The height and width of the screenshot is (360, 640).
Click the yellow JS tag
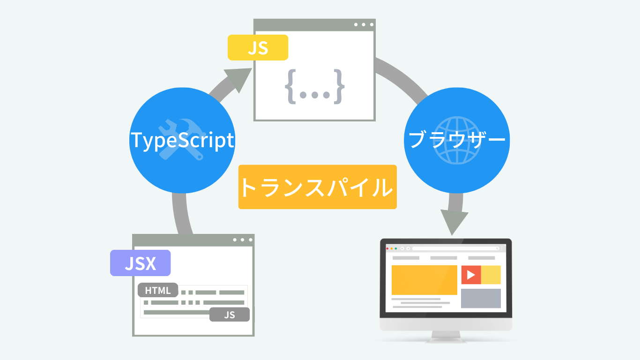tap(258, 47)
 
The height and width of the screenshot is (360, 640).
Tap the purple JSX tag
tap(140, 263)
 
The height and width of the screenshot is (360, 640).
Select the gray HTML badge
tap(158, 290)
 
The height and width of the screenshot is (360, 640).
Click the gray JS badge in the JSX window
tap(230, 315)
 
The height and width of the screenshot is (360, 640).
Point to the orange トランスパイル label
tap(318, 187)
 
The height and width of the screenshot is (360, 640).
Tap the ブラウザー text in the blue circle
tap(457, 140)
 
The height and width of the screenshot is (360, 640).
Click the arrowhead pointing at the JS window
tap(239, 78)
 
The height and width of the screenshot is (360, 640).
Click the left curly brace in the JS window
tap(290, 86)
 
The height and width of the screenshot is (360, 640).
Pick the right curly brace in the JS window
tap(339, 86)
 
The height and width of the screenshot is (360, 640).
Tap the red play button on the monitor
tap(471, 275)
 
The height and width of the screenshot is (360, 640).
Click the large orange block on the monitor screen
tap(424, 280)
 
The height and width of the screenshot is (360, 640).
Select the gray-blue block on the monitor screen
tap(481, 298)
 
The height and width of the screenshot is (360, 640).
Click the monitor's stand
tap(446, 337)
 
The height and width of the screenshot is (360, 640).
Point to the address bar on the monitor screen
tap(456, 248)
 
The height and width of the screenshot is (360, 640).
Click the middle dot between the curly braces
tap(315, 95)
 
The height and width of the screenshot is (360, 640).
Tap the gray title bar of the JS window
tap(314, 25)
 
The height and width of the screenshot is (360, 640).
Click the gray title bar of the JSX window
tap(193, 240)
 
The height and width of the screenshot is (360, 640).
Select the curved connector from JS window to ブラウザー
tap(403, 78)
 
